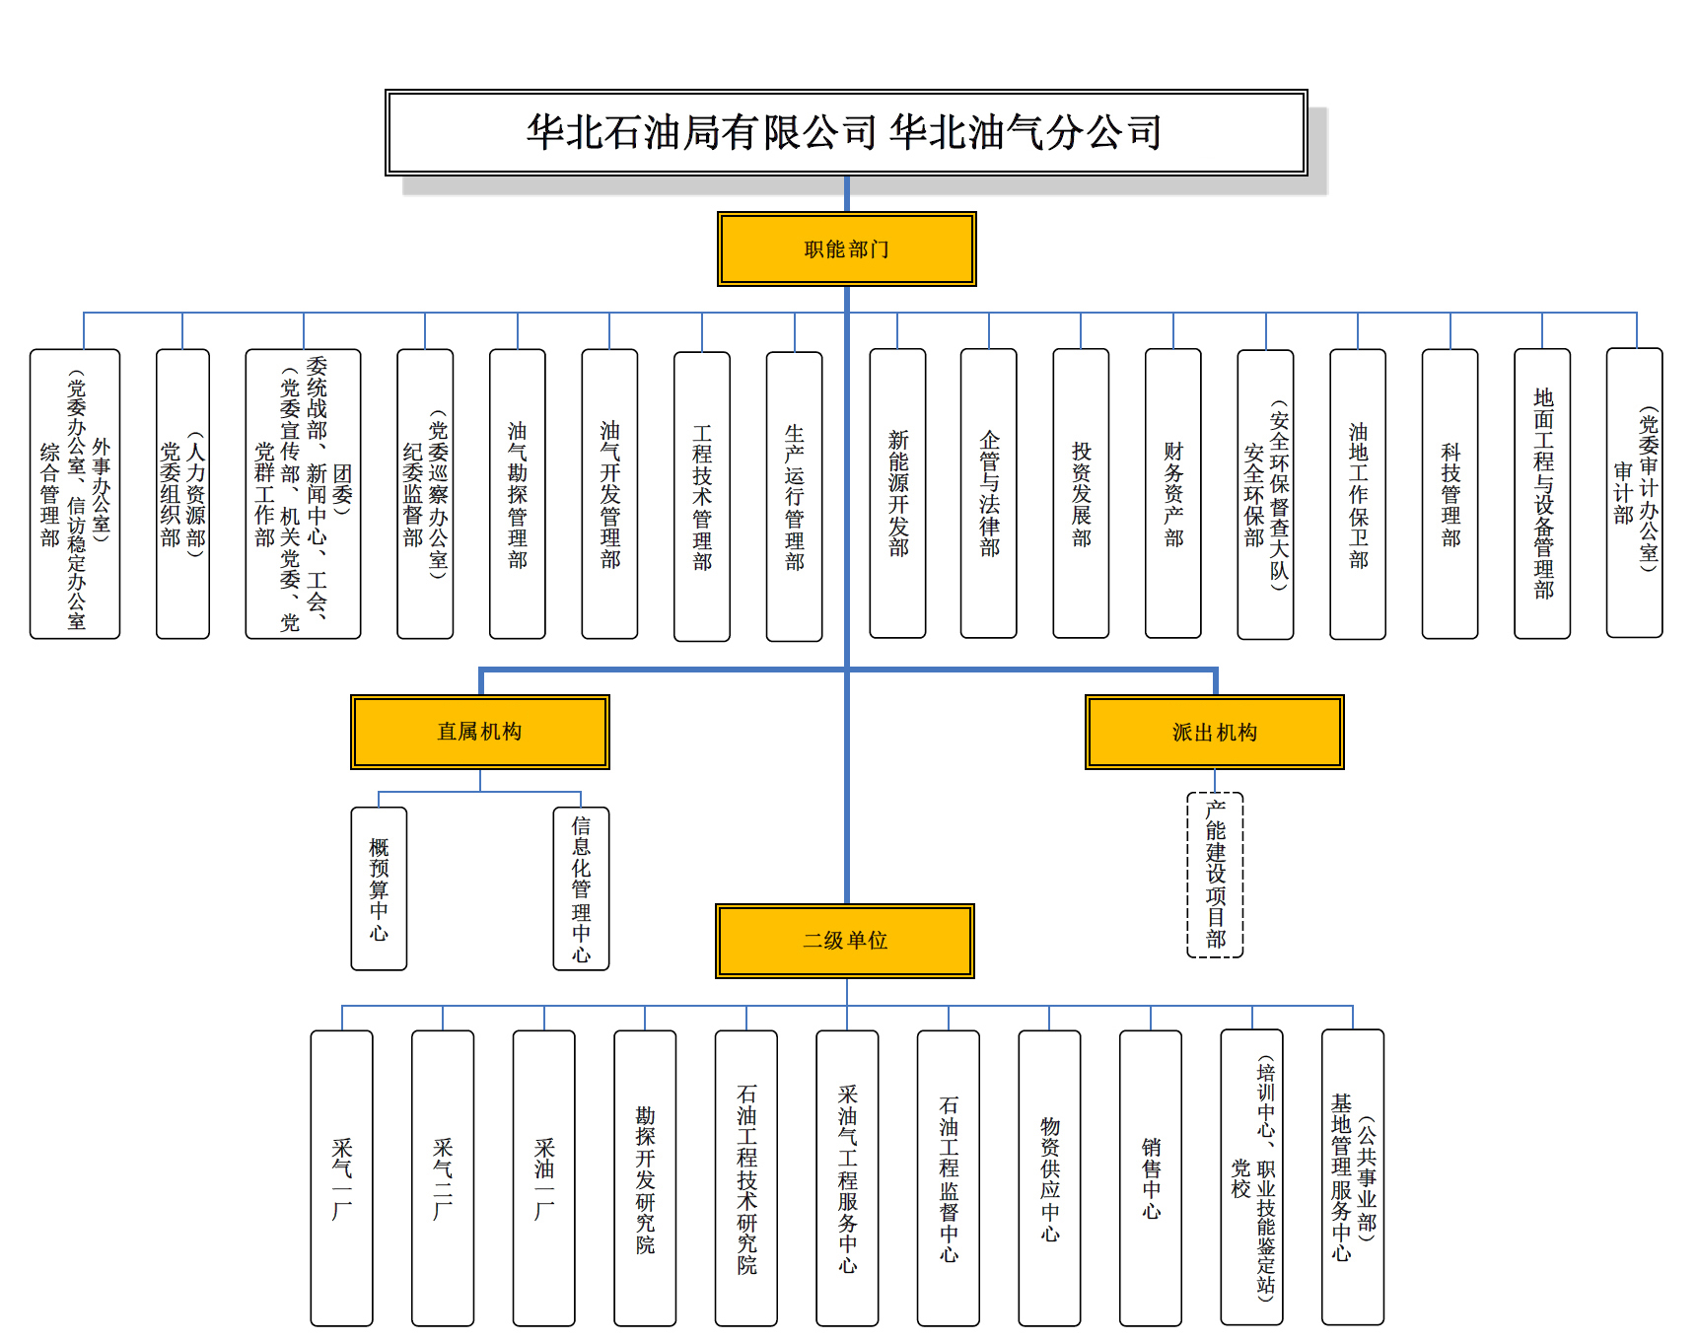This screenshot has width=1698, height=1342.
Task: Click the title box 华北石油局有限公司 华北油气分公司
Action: pyautogui.click(x=846, y=133)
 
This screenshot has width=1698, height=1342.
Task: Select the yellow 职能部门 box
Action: pyautogui.click(x=846, y=249)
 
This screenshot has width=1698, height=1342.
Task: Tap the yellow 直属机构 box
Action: pyautogui.click(x=480, y=732)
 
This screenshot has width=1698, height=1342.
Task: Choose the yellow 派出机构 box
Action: pyautogui.click(x=1214, y=733)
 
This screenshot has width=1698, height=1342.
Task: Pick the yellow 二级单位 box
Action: pyautogui.click(x=845, y=941)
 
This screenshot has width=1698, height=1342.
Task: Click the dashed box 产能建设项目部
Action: pyautogui.click(x=1215, y=875)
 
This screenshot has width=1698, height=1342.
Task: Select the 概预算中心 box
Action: pyautogui.click(x=379, y=888)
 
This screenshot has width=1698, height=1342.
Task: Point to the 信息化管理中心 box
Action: pyautogui.click(x=581, y=888)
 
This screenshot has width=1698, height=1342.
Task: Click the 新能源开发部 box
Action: pyautogui.click(x=897, y=493)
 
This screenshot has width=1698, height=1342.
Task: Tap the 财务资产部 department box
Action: pyautogui.click(x=1172, y=493)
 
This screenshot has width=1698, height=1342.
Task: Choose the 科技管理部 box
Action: pyautogui.click(x=1450, y=493)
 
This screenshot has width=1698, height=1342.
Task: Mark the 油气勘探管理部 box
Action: pyautogui.click(x=517, y=493)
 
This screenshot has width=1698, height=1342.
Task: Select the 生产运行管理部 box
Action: pyautogui.click(x=794, y=496)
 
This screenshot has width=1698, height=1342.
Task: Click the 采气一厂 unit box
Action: pyautogui.click(x=341, y=1177)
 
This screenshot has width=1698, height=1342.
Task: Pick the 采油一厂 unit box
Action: pyautogui.click(x=543, y=1177)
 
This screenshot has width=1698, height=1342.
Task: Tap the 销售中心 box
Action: pyautogui.click(x=1151, y=1177)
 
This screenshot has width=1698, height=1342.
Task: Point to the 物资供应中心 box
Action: pyautogui.click(x=1049, y=1177)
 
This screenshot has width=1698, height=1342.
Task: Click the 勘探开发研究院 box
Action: pyautogui.click(x=645, y=1177)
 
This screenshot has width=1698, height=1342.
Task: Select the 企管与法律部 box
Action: pyautogui.click(x=988, y=493)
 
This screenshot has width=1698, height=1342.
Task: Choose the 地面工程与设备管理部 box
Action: pyautogui.click(x=1542, y=493)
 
